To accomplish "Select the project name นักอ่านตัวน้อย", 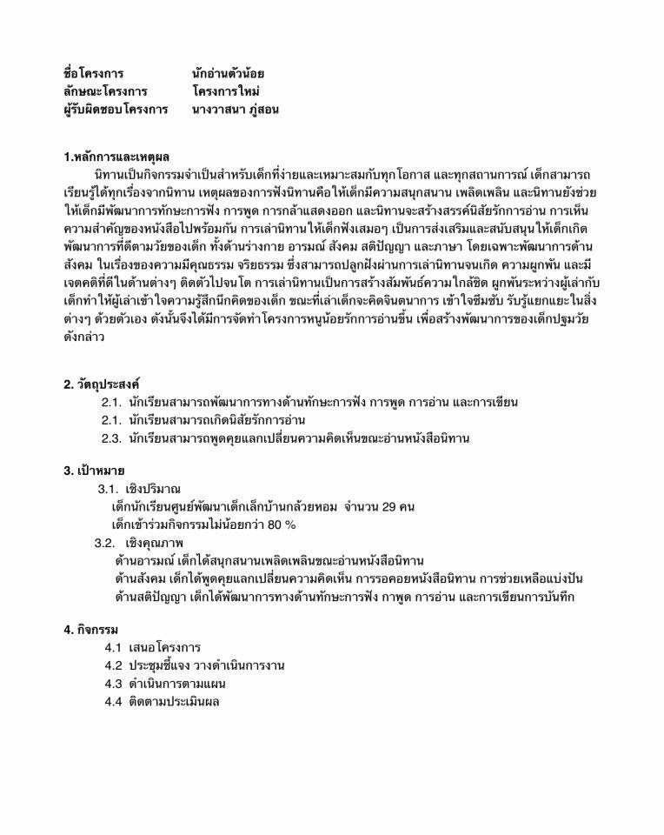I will tap(229, 72).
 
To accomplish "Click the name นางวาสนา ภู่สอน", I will tap(236, 110).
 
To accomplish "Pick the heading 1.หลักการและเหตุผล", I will tap(116, 157).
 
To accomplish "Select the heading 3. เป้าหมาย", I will tap(95, 471).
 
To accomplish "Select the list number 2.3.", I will tap(111, 438).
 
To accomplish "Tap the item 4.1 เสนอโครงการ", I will tap(153, 648).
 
